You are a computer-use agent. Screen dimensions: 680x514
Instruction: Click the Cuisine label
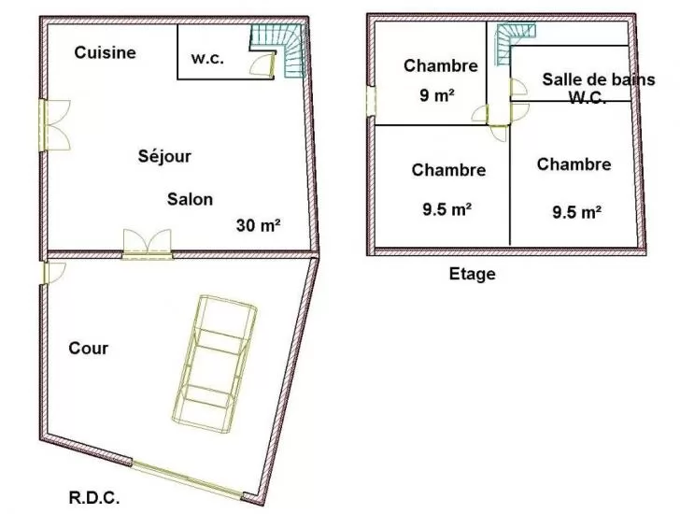pos(105,52)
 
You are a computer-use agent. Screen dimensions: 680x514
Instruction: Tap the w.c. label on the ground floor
pos(207,58)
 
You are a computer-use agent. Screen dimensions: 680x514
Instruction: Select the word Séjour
pos(164,156)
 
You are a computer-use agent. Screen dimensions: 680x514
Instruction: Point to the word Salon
pos(190,199)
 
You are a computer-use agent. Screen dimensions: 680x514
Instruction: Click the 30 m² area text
pos(258,225)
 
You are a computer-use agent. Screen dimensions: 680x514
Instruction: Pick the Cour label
pos(89,348)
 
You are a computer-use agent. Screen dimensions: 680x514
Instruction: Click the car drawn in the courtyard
pos(214,364)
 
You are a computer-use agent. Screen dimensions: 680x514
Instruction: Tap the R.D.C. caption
pos(94,497)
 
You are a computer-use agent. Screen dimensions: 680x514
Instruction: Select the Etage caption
pos(473,274)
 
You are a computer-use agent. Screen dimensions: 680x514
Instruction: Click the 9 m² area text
pos(437,95)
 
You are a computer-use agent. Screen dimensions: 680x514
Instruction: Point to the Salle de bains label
pos(599,79)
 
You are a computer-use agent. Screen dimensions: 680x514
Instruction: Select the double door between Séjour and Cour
pos(148,244)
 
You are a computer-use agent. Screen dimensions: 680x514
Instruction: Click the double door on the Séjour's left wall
pos(54,125)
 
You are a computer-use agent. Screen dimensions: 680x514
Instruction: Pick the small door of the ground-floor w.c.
pos(262,64)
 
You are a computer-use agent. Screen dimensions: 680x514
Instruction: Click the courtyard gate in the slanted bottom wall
pos(187,479)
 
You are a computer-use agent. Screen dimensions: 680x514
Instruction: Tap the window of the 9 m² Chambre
pos(371,102)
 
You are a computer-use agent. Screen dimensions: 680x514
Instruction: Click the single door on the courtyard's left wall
pos(53,272)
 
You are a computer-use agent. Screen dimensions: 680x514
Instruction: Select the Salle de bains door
pos(517,87)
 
